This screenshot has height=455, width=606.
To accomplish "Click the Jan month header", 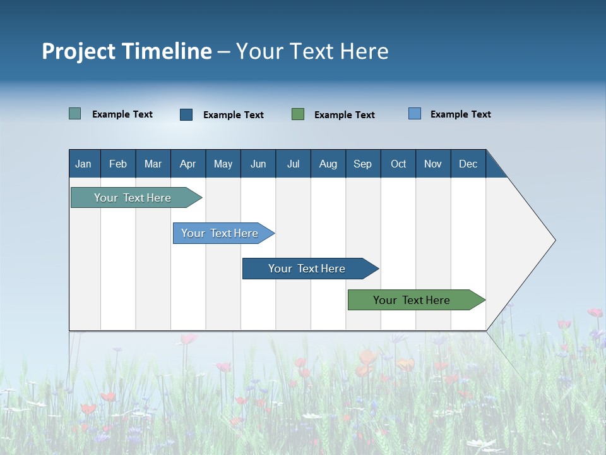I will [84, 164].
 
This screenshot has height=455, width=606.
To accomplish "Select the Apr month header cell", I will [188, 164].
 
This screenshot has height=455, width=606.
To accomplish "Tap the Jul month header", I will [293, 164].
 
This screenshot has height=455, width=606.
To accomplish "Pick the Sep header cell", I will [363, 164].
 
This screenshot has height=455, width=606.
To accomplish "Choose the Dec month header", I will [468, 164].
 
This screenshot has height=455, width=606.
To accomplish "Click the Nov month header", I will [433, 164].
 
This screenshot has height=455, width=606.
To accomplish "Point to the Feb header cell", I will [118, 164].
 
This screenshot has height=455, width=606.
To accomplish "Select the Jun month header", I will [258, 164].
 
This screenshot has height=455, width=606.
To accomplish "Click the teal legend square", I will [75, 114].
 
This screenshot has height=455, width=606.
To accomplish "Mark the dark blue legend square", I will [186, 114].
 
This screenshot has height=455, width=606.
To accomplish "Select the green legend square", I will [298, 114].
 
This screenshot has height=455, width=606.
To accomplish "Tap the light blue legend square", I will [415, 114].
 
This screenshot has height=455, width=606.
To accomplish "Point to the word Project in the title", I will [78, 51].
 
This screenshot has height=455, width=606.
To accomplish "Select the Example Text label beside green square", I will [345, 114].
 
